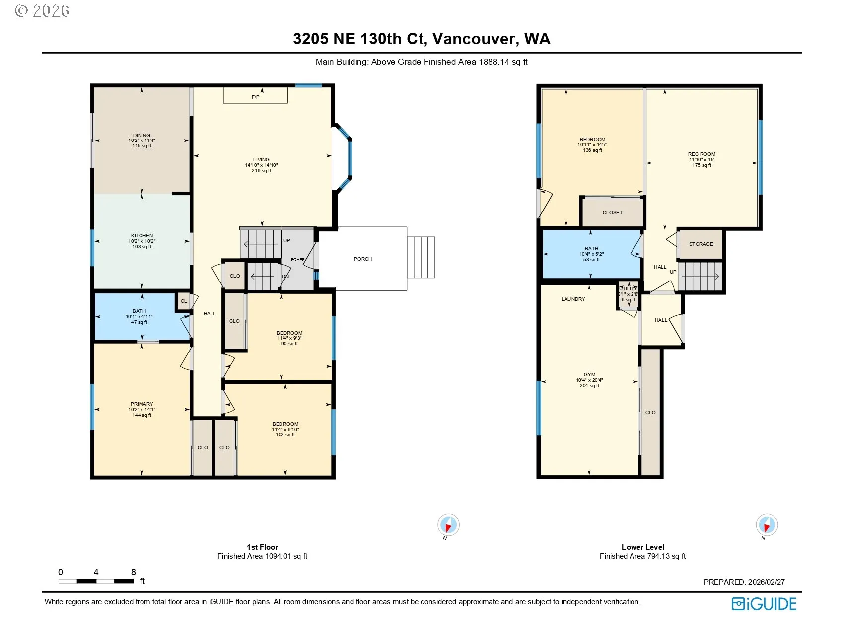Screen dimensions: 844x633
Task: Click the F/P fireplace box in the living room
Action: (255, 95)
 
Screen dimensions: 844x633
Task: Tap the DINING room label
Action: (141, 135)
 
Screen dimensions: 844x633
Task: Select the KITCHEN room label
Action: (142, 236)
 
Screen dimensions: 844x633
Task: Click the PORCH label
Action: (363, 259)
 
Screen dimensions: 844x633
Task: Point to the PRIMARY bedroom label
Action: (142, 404)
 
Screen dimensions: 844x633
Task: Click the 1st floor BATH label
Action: (140, 311)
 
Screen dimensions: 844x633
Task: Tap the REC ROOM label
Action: (702, 154)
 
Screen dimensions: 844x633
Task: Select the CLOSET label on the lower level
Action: (613, 213)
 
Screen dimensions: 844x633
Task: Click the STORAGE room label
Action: (701, 244)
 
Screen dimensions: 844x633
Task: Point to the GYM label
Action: (590, 375)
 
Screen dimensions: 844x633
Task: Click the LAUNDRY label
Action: (573, 299)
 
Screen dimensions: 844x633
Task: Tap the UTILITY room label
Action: (628, 289)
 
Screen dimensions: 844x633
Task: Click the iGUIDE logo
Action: (764, 604)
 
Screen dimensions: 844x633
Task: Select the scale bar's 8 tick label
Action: (134, 572)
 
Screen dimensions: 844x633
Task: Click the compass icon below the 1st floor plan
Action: (448, 525)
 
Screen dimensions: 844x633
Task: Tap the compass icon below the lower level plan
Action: (767, 525)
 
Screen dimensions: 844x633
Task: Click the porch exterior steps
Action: (421, 257)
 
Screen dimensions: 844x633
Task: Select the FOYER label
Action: (298, 260)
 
